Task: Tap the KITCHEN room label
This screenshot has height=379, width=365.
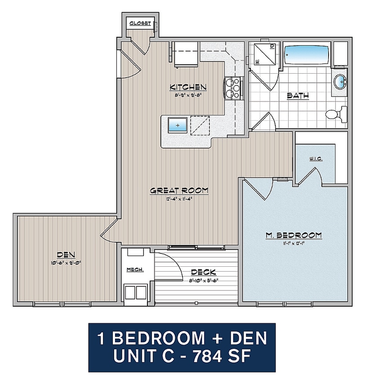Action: click(x=187, y=87)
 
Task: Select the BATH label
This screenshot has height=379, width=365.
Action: click(x=298, y=96)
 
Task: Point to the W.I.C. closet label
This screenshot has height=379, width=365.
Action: click(x=316, y=160)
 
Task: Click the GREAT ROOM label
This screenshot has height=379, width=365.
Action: click(x=179, y=190)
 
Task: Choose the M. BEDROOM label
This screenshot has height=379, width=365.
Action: click(x=294, y=235)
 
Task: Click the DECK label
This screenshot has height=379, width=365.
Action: click(x=203, y=272)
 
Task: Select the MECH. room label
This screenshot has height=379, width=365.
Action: click(x=135, y=270)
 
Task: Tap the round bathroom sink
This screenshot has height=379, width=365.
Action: click(x=340, y=82)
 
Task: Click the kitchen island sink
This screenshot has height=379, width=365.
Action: click(x=178, y=125)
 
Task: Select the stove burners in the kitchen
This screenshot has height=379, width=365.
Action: click(x=233, y=88)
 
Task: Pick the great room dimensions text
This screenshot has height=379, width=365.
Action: click(x=179, y=199)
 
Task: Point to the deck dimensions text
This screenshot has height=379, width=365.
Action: click(x=203, y=281)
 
